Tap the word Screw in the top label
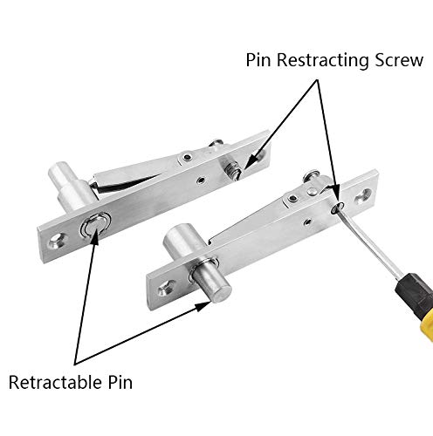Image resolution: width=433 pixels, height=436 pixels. click(397, 61)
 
